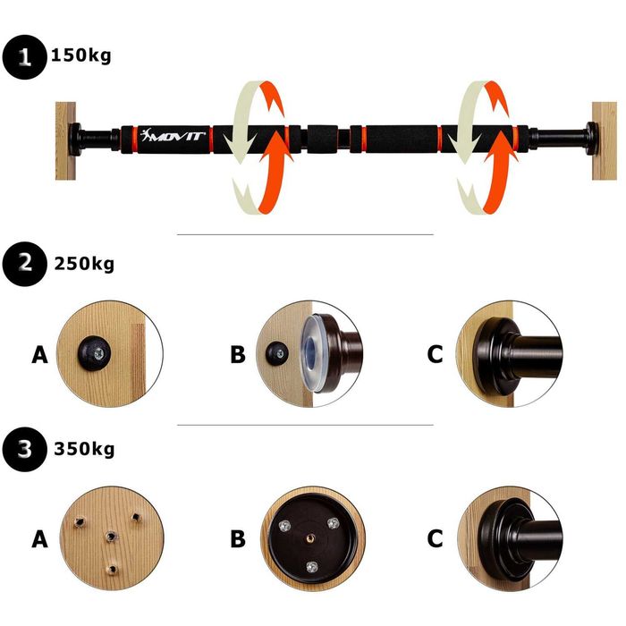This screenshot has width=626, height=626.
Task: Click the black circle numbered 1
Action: click(x=24, y=57)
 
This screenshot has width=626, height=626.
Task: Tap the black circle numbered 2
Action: click(x=24, y=264)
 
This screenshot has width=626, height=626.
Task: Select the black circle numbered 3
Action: click(x=24, y=449)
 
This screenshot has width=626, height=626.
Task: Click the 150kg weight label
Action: click(x=81, y=55)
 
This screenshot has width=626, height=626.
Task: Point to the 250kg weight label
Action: click(x=84, y=264)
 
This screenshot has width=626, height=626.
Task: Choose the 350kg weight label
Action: click(x=84, y=449)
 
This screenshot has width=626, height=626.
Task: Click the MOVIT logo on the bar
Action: click(x=173, y=135)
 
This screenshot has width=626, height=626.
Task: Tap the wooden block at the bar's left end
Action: click(x=65, y=140)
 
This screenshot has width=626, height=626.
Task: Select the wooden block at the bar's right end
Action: click(x=604, y=140)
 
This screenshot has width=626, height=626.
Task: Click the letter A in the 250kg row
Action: click(x=39, y=354)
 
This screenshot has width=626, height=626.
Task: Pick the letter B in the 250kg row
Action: click(x=238, y=354)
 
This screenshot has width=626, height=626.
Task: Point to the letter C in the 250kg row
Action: click(x=435, y=354)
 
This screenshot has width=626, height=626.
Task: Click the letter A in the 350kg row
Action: click(x=39, y=539)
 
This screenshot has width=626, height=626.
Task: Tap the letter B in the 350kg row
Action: click(x=238, y=539)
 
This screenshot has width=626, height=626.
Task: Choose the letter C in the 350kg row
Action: click(x=435, y=539)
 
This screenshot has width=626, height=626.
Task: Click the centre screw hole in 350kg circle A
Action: click(x=111, y=537)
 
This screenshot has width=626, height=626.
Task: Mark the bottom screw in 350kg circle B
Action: click(x=312, y=566)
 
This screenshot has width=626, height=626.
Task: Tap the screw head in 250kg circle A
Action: click(x=99, y=353)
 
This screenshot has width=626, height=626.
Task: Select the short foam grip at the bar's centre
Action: click(x=323, y=140)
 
